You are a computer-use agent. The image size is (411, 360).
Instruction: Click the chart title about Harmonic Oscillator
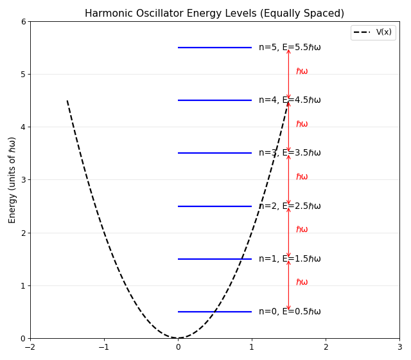(x=214, y=14)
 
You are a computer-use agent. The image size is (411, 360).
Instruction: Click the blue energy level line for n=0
(x=214, y=312)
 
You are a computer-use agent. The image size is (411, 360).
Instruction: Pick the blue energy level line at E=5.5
(x=214, y=48)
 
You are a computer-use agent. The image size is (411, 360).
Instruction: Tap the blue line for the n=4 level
(x=214, y=100)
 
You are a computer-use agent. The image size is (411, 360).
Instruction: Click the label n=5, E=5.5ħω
(x=290, y=48)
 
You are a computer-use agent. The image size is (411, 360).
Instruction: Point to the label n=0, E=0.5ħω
(x=290, y=312)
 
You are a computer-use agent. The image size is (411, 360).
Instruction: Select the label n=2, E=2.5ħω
(x=290, y=206)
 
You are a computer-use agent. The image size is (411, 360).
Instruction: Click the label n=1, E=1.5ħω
(x=290, y=259)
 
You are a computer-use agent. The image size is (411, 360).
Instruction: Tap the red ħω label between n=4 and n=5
(x=302, y=71)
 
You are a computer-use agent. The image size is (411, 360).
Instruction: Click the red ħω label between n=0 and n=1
(x=302, y=282)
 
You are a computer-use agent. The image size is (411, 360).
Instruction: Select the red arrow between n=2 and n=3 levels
(x=288, y=180)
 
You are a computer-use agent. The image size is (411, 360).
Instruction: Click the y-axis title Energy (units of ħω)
(x=12, y=180)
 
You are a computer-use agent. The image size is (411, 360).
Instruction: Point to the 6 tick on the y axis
(x=24, y=22)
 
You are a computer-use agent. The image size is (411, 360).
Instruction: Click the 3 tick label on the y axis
(x=24, y=180)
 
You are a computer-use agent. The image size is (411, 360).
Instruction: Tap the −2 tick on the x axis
(x=30, y=346)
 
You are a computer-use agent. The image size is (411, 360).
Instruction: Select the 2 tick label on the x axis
(x=326, y=346)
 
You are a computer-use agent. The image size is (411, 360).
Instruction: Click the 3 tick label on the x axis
(x=399, y=346)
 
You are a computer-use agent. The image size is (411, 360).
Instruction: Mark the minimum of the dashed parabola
(x=178, y=338)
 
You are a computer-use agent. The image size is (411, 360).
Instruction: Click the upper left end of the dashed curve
(x=67, y=101)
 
